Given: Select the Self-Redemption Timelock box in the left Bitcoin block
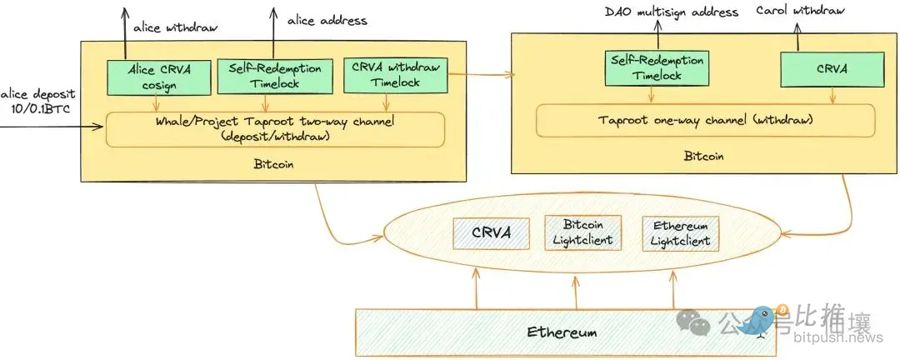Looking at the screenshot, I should [265, 77].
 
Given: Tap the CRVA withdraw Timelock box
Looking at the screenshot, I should [396, 75].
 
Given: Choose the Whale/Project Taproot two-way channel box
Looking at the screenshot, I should [276, 129].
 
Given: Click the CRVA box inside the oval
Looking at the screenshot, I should [491, 232].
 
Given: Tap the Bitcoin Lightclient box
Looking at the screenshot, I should [583, 232].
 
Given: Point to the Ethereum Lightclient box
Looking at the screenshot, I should [680, 232].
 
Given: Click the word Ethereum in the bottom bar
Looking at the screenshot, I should [562, 332].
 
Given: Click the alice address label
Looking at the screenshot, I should [327, 20].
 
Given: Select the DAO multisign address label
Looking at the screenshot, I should [672, 12].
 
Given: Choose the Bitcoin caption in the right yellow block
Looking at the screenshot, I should [704, 156].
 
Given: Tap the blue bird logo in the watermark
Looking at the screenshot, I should [758, 320].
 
